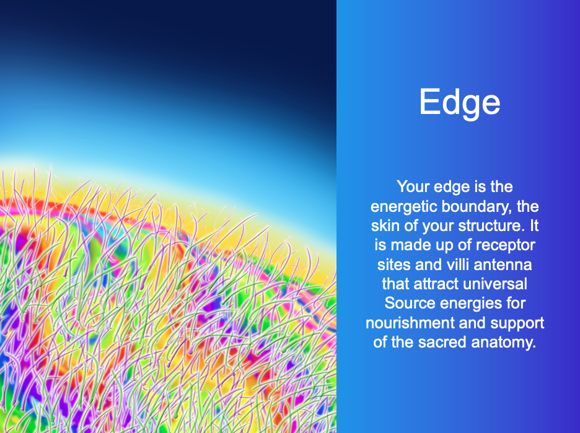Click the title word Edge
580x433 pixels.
[459, 102]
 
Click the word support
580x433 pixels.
[517, 323]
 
